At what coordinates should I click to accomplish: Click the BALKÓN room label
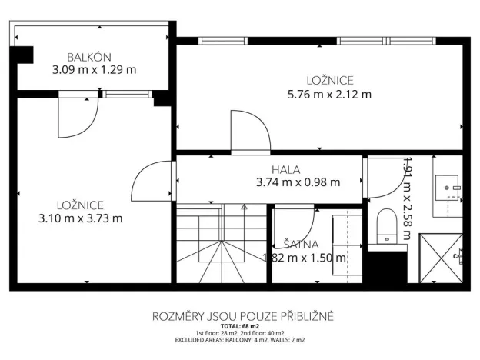89,56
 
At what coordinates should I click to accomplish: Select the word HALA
285,169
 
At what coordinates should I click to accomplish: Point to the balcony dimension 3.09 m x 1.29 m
94,70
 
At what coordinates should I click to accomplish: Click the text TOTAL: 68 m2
240,326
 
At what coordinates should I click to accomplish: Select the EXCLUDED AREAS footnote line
240,339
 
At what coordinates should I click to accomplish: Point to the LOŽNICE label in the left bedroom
80,205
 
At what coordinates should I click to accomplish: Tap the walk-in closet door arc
292,220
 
